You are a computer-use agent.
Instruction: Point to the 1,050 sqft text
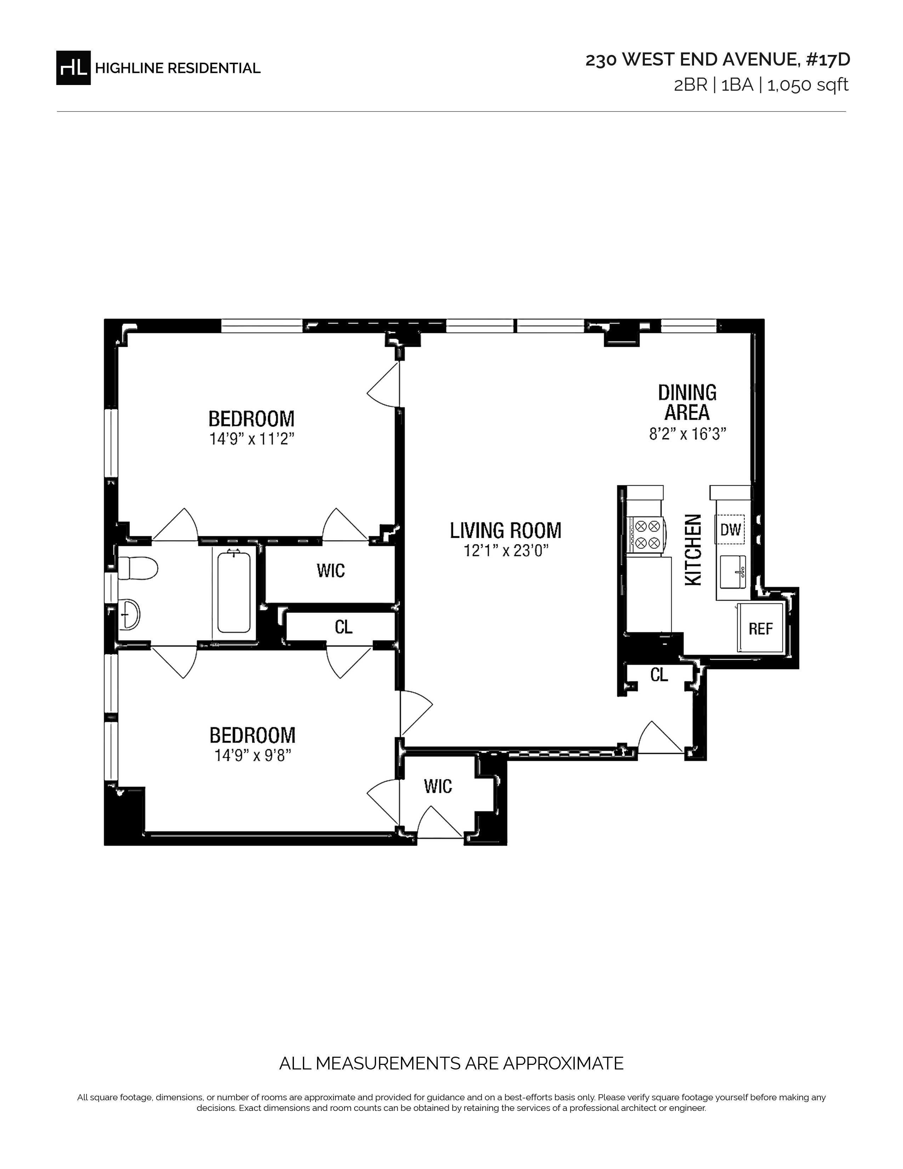coord(808,85)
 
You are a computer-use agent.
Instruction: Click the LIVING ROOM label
coord(506,530)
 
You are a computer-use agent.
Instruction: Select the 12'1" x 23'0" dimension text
coord(506,551)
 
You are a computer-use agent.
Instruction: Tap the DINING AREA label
coord(687,402)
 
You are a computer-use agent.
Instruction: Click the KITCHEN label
coord(693,550)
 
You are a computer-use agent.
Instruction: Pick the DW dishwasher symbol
coord(730,529)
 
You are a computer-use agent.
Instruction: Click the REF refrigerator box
coord(760,628)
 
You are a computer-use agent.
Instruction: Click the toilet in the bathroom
coord(137,568)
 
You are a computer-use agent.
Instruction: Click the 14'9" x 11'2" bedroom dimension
coord(252,439)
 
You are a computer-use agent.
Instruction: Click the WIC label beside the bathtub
coord(331,571)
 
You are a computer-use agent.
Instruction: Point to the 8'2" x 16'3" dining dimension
coord(687,434)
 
